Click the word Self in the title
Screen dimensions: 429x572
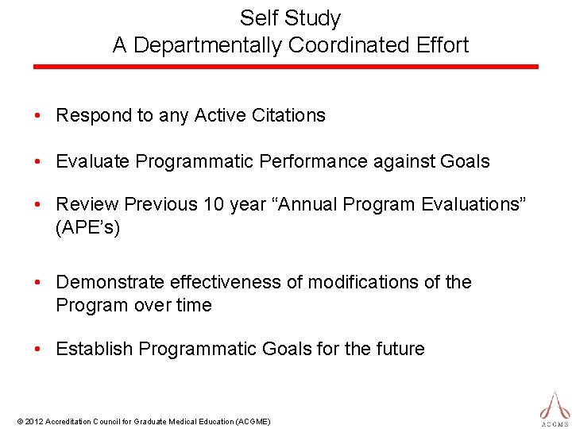(257, 18)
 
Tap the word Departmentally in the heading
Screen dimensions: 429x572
(207, 45)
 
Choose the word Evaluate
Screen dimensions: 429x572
(92, 161)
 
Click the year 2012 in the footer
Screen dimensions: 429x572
(34, 421)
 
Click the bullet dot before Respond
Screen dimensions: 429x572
(38, 116)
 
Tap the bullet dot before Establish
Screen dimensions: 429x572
(38, 349)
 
